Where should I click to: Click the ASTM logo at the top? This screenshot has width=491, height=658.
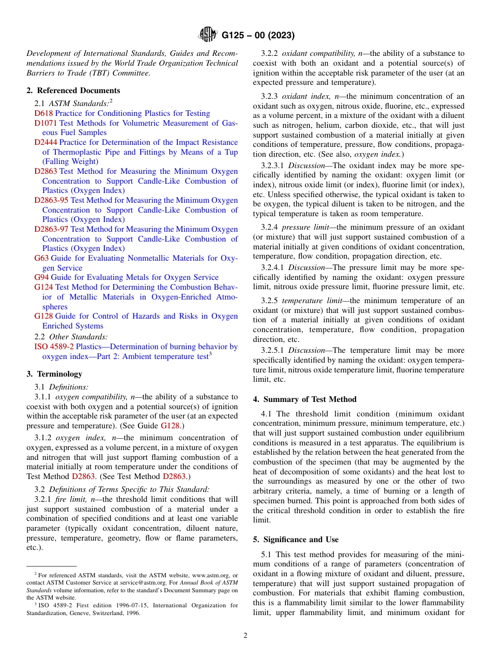pyautogui.click(x=208, y=35)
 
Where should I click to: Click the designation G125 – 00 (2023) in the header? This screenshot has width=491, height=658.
pyautogui.click(x=258, y=36)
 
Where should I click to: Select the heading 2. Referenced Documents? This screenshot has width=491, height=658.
pyautogui.click(x=73, y=91)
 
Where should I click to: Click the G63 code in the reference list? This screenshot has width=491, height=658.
pyautogui.click(x=41, y=258)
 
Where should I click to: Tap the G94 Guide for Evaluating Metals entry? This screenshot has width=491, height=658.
pyautogui.click(x=126, y=277)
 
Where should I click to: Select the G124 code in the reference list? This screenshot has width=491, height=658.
pyautogui.click(x=43, y=287)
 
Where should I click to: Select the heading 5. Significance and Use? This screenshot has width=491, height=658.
pyautogui.click(x=296, y=540)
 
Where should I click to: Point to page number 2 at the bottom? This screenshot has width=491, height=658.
pyautogui.click(x=245, y=636)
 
